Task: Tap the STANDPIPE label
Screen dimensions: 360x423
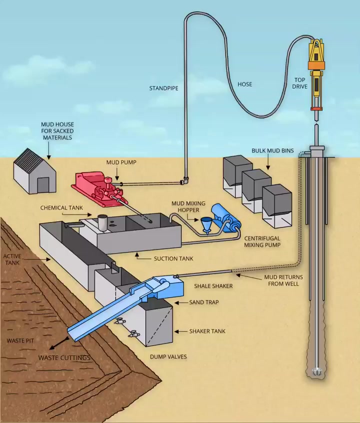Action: click(x=164, y=88)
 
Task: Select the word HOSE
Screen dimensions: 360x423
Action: click(x=245, y=84)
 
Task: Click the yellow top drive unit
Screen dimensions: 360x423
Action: click(x=316, y=75)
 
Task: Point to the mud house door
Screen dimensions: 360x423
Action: click(x=42, y=185)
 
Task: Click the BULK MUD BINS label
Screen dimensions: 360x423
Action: click(x=272, y=150)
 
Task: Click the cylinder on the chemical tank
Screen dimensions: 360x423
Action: click(x=102, y=223)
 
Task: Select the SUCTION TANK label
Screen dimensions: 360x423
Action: click(x=173, y=258)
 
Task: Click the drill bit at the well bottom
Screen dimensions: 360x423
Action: click(x=317, y=371)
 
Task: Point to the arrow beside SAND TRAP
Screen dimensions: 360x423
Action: click(x=181, y=302)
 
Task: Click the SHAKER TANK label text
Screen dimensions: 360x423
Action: click(x=207, y=331)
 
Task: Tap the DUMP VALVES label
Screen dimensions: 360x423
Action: click(x=168, y=356)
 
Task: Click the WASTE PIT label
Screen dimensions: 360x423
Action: click(x=20, y=340)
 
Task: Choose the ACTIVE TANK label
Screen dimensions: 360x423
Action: click(x=12, y=259)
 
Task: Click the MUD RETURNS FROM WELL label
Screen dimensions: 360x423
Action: click(x=283, y=280)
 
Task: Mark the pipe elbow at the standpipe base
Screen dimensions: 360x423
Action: click(x=185, y=180)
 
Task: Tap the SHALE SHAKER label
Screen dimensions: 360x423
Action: click(x=213, y=286)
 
